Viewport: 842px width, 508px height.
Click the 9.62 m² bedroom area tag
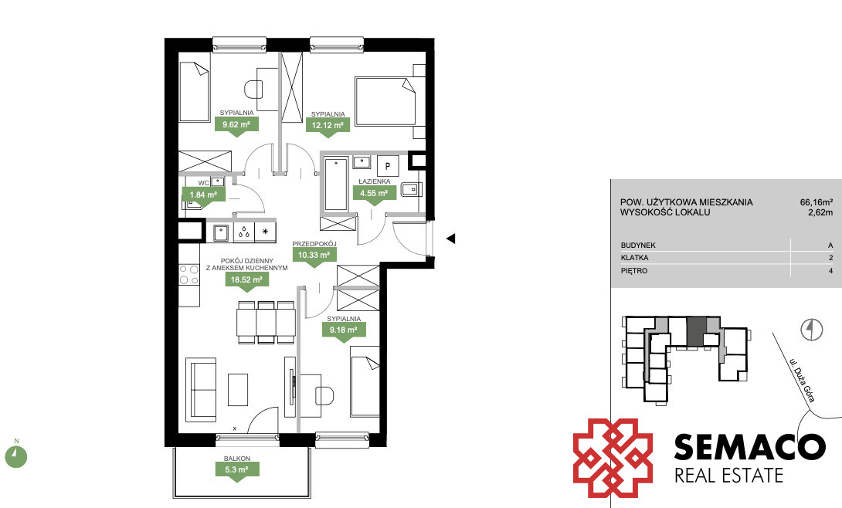click(x=237, y=125)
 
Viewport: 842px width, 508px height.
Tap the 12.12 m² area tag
click(x=328, y=126)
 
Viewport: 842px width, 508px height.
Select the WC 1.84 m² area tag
click(x=203, y=195)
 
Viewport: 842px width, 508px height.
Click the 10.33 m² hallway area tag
click(x=314, y=256)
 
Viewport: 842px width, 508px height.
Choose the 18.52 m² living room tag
click(x=246, y=279)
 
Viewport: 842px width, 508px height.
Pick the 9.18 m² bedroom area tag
click(x=344, y=330)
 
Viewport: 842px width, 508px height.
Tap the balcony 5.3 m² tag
click(x=237, y=470)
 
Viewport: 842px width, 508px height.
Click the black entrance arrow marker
click(x=451, y=239)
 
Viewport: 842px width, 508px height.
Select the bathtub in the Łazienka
click(x=336, y=184)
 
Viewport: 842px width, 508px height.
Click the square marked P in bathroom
click(x=388, y=165)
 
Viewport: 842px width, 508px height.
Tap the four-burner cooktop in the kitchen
click(x=189, y=275)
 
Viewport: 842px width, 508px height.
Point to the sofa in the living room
click(x=202, y=389)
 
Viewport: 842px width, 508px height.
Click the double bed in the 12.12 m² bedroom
click(x=385, y=101)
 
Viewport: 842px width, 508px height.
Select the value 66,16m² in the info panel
click(x=817, y=202)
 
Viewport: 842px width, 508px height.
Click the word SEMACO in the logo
click(x=749, y=448)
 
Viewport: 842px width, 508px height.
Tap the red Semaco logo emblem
click(x=613, y=458)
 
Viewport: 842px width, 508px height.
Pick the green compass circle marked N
click(x=16, y=456)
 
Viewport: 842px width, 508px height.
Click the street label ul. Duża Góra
click(x=803, y=381)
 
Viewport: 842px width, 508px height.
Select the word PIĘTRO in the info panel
click(x=634, y=271)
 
